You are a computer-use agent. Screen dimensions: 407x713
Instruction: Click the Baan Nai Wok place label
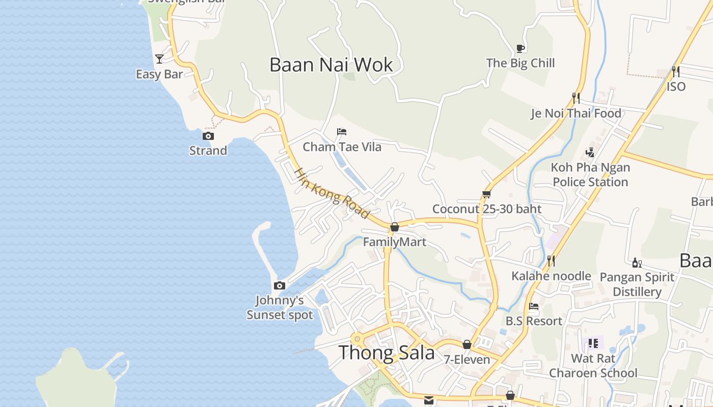point(331,65)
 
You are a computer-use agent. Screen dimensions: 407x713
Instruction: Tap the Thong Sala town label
point(387,352)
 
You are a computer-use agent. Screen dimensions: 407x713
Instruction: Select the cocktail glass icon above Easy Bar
point(159,59)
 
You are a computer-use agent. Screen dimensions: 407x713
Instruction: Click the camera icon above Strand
point(208,136)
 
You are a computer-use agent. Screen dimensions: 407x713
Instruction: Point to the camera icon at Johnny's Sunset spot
point(279,285)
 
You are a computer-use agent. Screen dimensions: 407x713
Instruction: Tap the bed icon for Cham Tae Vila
point(342,132)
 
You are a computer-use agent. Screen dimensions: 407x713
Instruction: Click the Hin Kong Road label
point(332,194)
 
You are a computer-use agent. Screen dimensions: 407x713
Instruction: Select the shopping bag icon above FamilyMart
point(395,227)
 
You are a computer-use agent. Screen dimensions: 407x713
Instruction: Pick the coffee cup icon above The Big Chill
point(520,48)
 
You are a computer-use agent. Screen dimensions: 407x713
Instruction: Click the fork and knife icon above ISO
point(676,71)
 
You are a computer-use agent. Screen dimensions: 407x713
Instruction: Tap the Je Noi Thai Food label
point(576,113)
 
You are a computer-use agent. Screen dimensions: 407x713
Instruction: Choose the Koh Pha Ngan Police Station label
point(590,175)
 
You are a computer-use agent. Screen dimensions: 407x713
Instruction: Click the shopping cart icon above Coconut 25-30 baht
point(486,194)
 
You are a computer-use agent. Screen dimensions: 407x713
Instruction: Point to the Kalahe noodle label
point(551,276)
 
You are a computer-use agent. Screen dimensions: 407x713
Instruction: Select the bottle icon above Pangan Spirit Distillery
point(637,263)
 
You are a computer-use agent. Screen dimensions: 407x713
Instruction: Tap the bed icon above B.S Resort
point(534,306)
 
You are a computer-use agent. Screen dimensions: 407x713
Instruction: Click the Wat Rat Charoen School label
point(593,365)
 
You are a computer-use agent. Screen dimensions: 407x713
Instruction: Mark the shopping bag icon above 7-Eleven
point(467,344)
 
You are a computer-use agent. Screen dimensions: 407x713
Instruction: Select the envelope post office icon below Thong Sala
point(429,400)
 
